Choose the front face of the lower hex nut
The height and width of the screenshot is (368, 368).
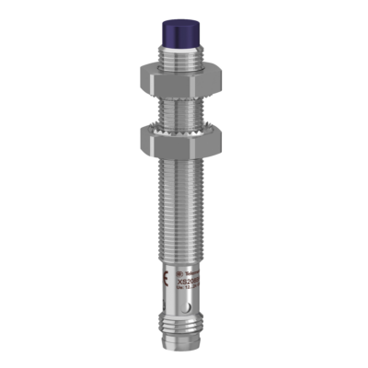tap(182, 141)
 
